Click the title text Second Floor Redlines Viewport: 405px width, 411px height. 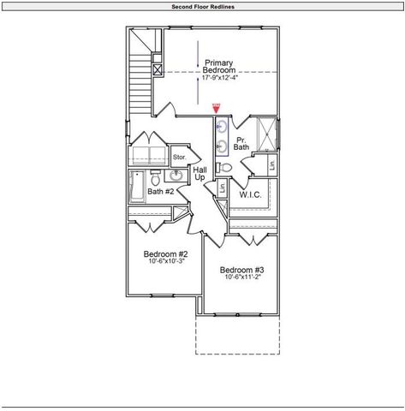203,6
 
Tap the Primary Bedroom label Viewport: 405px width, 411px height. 223,66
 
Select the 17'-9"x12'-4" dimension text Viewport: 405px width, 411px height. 223,79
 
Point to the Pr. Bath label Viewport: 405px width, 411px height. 241,143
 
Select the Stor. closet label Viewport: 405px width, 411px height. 180,158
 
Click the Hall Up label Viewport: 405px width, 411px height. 200,174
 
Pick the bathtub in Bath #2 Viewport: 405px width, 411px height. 137,186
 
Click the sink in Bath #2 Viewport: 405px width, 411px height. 176,176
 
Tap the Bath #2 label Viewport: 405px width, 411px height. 160,192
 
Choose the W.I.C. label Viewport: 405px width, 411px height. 250,195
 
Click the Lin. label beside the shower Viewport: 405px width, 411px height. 271,164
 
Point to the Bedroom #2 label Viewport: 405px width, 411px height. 165,254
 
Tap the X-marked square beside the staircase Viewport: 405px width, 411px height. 157,71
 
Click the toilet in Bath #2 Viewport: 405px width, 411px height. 155,180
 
